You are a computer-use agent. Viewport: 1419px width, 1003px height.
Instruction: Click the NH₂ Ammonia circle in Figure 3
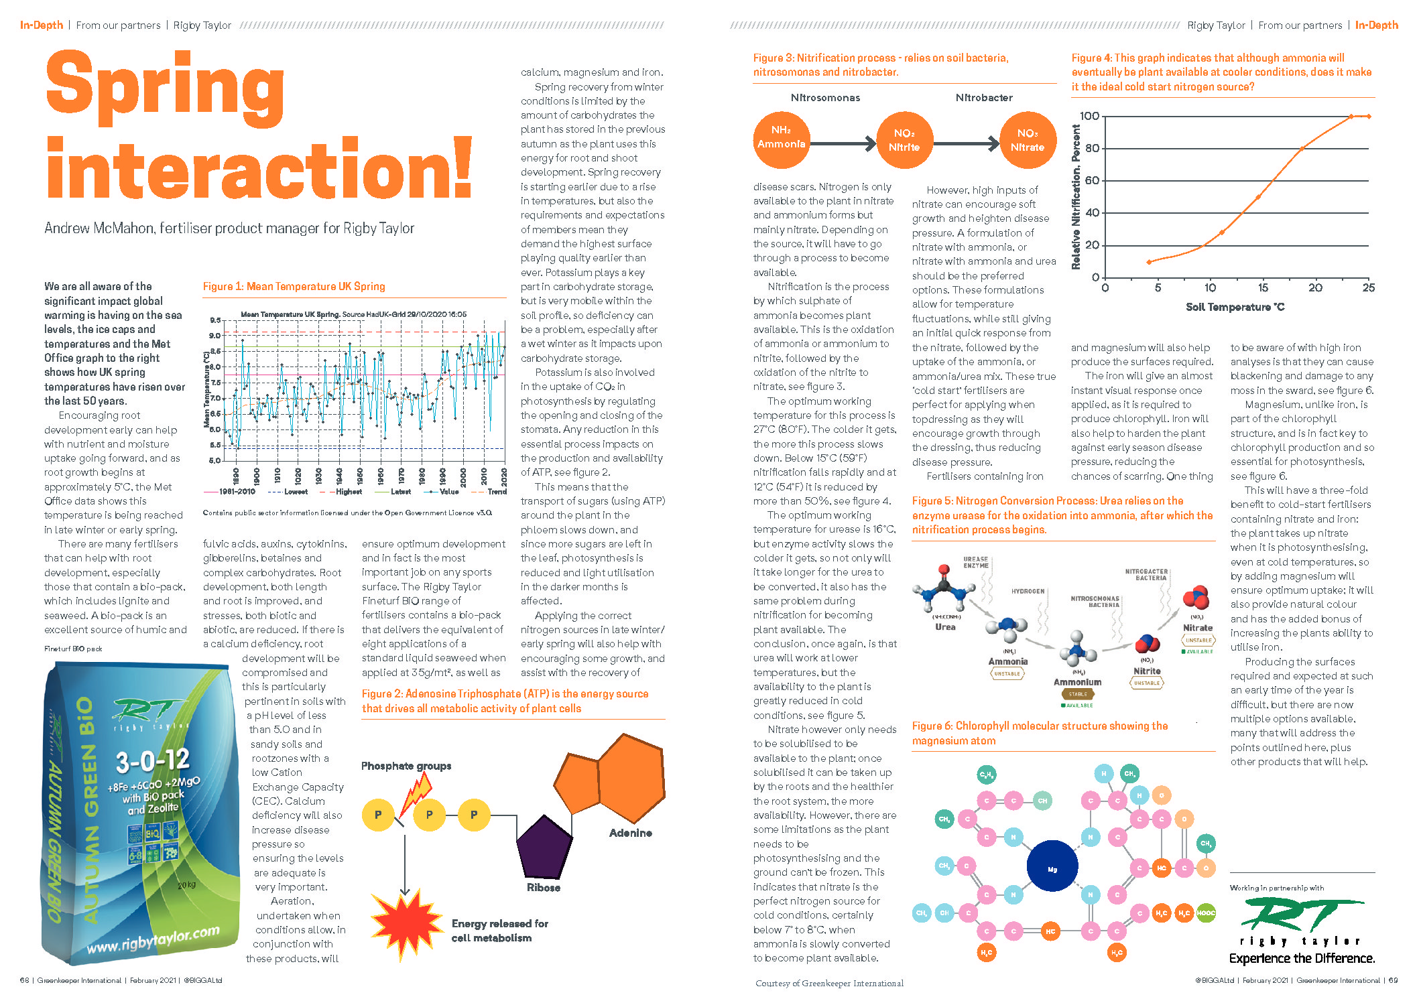coord(781,139)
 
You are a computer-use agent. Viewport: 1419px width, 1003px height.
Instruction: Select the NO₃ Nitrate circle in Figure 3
coord(1027,140)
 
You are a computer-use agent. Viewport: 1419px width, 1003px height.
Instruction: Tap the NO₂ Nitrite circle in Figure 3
coord(904,140)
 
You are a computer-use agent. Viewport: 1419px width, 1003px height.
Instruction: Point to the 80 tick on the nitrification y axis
coord(1092,148)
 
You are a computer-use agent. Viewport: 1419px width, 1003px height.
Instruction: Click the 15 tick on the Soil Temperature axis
coord(1263,288)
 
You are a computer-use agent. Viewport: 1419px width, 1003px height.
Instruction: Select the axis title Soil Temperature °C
coord(1235,308)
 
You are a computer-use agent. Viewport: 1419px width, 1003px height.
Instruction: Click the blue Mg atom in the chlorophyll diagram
coord(1052,869)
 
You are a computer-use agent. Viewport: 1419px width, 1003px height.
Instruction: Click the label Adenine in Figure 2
coord(630,833)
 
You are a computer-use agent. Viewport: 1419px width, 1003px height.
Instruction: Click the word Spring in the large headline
coord(166,87)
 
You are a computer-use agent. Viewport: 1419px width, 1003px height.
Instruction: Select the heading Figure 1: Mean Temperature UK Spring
coord(294,287)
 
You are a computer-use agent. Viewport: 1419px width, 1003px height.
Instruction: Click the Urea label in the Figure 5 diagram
coord(945,627)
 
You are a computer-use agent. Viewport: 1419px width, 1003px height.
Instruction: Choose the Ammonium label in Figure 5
coord(1077,682)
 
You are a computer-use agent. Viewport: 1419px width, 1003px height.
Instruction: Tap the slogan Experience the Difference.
coord(1302,959)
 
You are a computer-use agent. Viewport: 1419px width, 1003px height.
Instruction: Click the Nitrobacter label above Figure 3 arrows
coord(983,98)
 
